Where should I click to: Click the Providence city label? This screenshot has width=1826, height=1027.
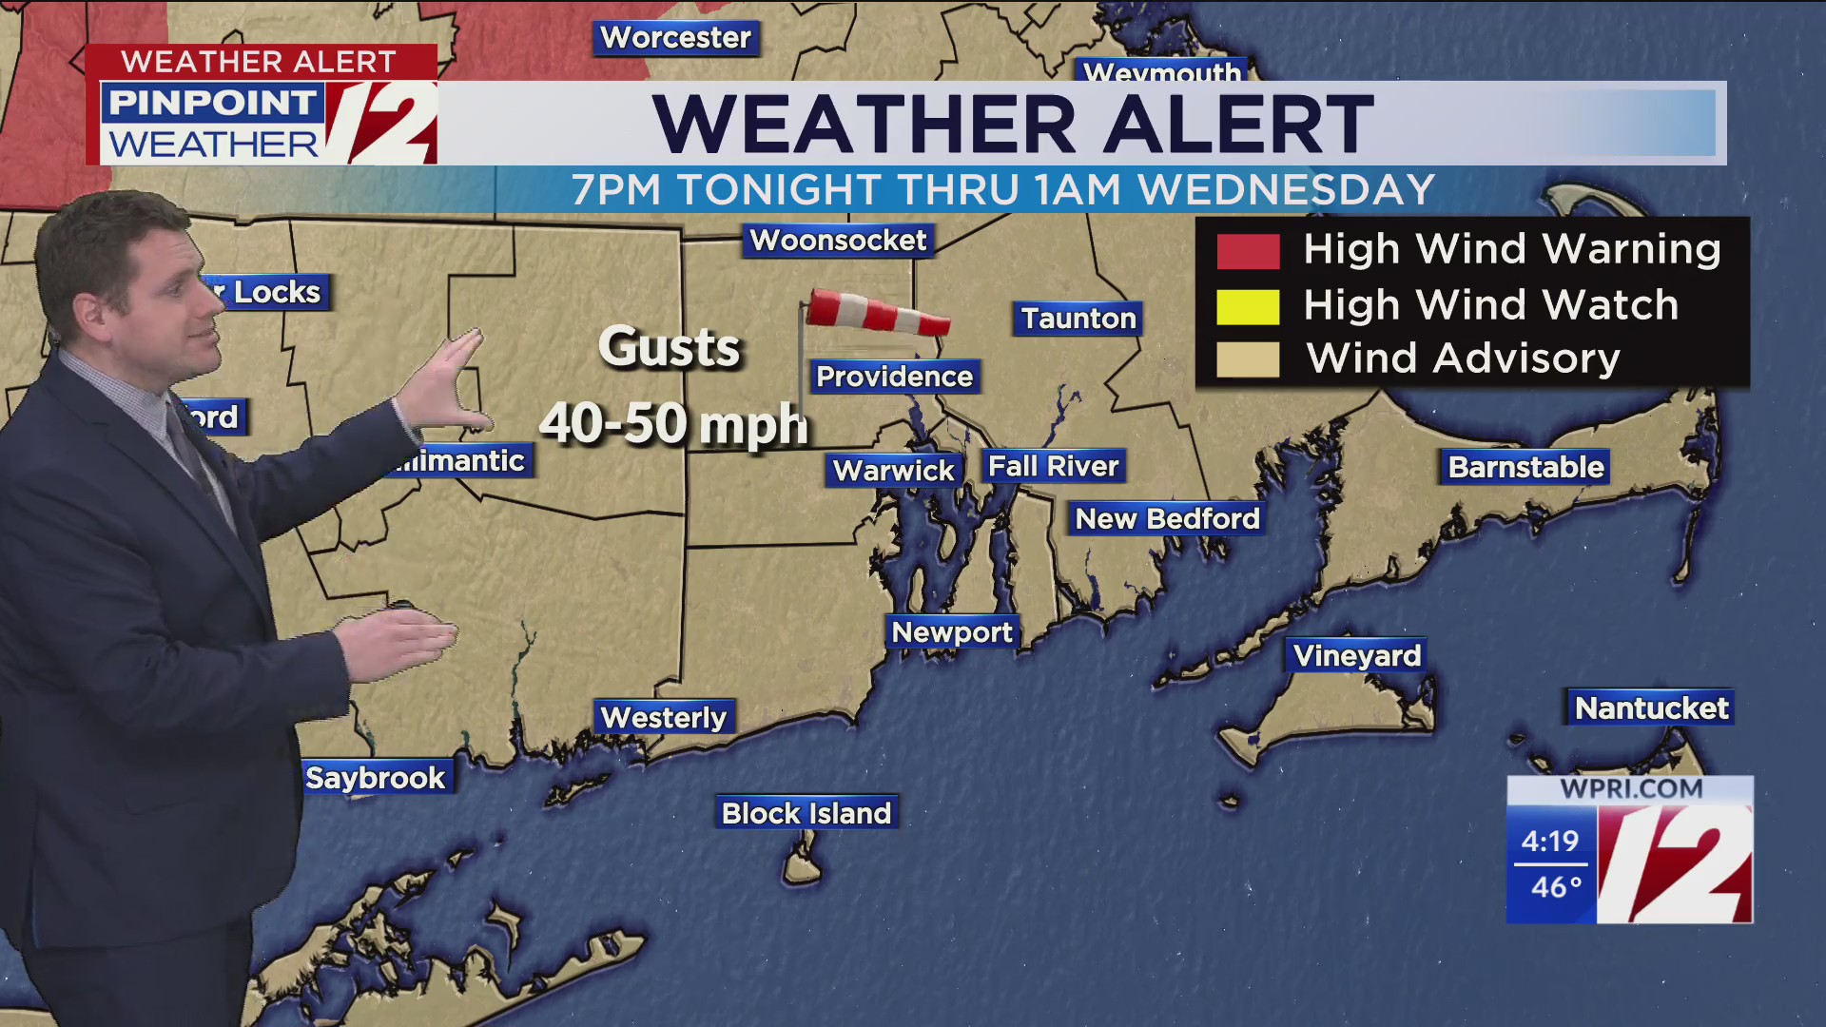tap(894, 377)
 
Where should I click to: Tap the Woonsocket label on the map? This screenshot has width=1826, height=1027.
tap(838, 241)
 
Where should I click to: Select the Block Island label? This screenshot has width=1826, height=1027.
tap(806, 813)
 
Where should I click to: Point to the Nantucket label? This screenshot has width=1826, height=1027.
tap(1651, 707)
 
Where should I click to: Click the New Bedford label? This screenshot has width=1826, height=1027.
tap(1167, 518)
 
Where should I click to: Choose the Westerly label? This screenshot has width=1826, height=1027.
tap(663, 717)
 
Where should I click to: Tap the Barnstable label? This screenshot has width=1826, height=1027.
tap(1525, 467)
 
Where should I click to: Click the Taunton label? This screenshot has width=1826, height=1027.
tap(1078, 318)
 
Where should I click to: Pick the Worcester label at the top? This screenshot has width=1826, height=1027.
tap(675, 38)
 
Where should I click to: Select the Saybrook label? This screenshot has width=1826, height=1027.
tap(375, 778)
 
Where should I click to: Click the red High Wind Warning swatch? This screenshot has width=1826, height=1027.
tap(1248, 251)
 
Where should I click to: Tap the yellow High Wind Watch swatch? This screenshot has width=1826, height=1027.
tap(1248, 306)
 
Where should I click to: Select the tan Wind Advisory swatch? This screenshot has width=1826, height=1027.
tap(1248, 360)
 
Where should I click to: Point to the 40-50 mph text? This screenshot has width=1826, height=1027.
tap(673, 424)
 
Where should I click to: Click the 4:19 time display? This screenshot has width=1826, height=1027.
tap(1549, 841)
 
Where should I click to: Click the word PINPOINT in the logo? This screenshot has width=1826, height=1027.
tap(212, 103)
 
